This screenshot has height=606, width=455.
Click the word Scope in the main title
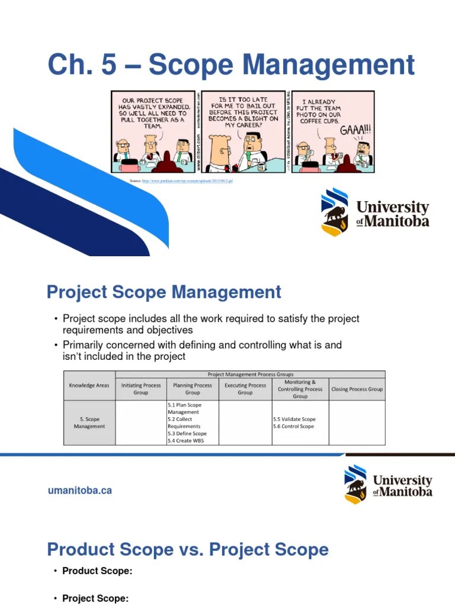190,65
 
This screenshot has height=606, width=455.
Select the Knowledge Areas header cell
89,385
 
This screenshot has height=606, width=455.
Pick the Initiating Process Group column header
141,389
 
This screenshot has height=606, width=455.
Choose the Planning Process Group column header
193,389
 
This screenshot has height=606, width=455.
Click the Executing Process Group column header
245,389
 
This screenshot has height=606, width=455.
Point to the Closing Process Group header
357,389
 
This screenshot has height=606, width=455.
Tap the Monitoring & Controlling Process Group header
300,389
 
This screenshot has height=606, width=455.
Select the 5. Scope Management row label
89,423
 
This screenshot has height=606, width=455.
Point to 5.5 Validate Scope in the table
294,419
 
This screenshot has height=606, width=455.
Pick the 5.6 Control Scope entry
293,426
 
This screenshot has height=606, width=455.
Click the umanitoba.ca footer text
80,491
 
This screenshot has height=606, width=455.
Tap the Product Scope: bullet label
97,571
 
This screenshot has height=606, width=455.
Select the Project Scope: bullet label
95,598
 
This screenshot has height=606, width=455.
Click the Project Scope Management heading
164,292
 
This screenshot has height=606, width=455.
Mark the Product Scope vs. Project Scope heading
188,549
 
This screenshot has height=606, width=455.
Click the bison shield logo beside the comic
335,212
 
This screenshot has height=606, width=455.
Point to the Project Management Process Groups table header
250,375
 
